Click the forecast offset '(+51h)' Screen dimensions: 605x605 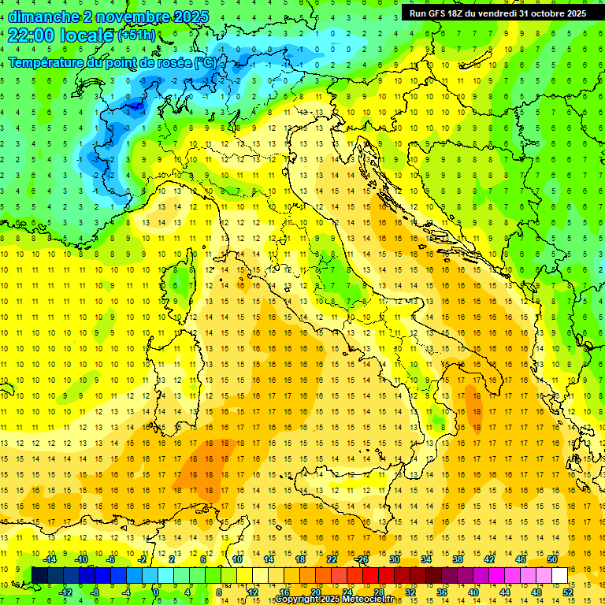click(x=137, y=36)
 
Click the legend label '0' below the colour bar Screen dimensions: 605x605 click(x=157, y=592)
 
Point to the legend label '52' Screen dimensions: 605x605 click(x=568, y=592)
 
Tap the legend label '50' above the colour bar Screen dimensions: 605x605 click(x=552, y=559)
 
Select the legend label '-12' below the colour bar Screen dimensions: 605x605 click(x=65, y=592)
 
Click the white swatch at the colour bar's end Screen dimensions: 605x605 click(x=559, y=575)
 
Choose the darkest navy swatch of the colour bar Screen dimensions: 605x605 click(x=39, y=575)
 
